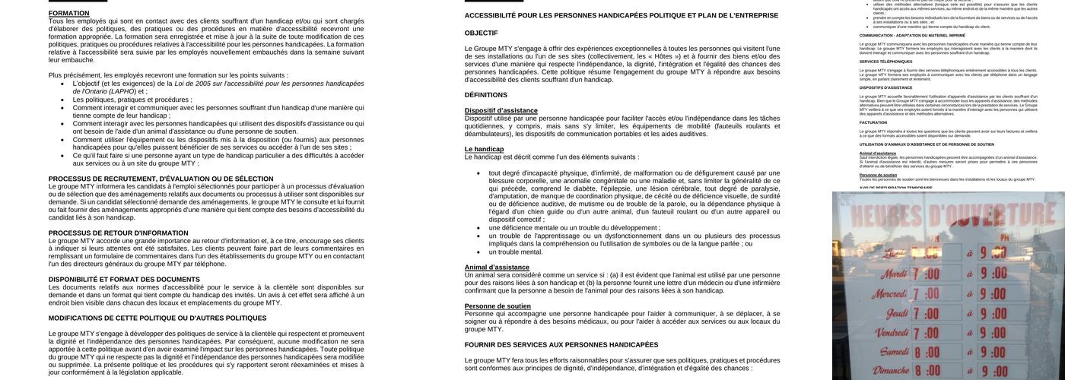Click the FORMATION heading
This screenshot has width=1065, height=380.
click(x=68, y=14)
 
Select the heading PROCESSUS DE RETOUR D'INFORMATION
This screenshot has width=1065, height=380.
click(x=118, y=233)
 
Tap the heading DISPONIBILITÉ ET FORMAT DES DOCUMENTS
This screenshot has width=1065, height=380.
click(x=124, y=280)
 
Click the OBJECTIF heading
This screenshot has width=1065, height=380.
click(x=481, y=33)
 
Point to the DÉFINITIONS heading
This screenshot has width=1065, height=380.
click(x=485, y=95)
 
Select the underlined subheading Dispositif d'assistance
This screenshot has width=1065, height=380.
click(x=501, y=111)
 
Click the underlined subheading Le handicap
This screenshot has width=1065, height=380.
click(x=484, y=149)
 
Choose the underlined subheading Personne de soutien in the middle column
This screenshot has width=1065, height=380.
click(x=498, y=306)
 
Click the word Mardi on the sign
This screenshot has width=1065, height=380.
click(x=893, y=274)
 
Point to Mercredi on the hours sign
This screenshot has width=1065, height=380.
click(x=889, y=293)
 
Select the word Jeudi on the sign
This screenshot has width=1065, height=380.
click(x=897, y=313)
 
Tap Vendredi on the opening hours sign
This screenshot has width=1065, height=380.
click(x=891, y=333)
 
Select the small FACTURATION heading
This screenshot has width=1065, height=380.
click(x=873, y=122)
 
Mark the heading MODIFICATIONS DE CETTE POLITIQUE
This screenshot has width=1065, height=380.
click(x=157, y=318)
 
